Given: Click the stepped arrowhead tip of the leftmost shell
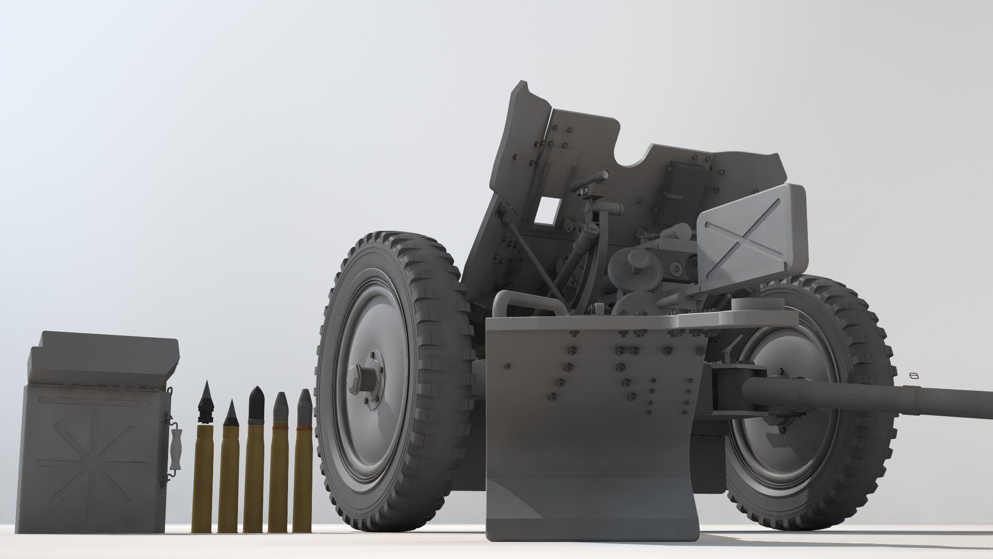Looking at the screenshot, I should [x=206, y=399].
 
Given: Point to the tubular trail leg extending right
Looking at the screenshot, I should [x=869, y=399].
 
